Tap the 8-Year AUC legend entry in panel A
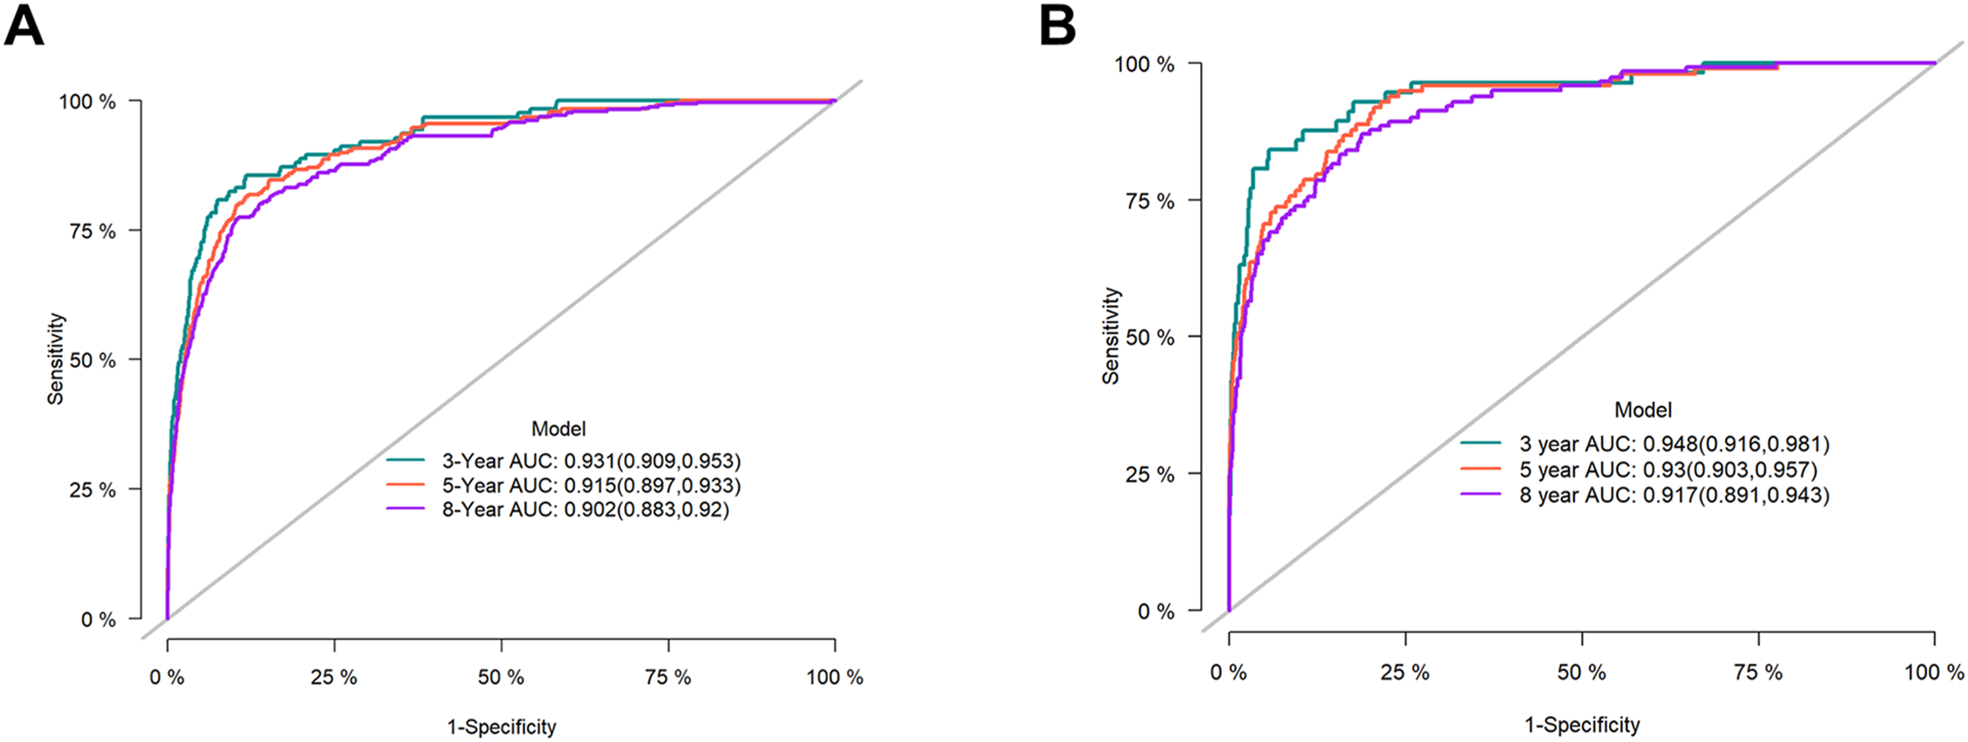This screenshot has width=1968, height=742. tap(558, 510)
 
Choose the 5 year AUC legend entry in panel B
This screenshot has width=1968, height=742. tap(1639, 469)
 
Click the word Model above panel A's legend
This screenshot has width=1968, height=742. tap(558, 429)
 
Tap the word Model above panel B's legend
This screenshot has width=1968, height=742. tap(1643, 410)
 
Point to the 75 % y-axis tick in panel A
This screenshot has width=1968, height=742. tap(93, 231)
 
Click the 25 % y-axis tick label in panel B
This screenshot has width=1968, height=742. tap(1150, 474)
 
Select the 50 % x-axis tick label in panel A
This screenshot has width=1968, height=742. tap(501, 677)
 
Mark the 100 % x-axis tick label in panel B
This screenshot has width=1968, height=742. tap(1934, 672)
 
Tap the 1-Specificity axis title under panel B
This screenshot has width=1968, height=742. tap(1582, 725)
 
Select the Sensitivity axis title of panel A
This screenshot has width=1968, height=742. tap(55, 358)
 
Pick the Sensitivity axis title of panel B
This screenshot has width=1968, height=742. tap(1111, 336)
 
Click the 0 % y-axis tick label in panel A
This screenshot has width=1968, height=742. tap(99, 619)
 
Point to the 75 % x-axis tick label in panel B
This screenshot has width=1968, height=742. tap(1759, 672)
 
